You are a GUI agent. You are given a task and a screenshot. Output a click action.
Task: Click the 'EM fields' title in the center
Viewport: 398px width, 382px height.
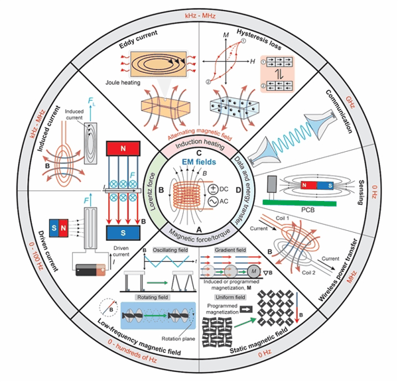point(199,162)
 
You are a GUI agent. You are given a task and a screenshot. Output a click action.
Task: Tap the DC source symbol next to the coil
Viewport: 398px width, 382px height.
point(213,189)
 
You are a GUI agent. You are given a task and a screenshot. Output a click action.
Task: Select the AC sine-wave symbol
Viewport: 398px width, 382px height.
point(213,202)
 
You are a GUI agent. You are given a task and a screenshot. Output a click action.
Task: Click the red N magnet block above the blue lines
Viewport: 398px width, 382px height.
point(123,149)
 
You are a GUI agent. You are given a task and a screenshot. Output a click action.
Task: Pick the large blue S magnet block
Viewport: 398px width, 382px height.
point(123,233)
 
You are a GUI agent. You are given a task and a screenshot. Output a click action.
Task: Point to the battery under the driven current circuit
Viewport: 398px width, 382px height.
point(91,270)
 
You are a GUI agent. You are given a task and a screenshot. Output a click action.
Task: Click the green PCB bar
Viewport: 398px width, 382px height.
point(300,203)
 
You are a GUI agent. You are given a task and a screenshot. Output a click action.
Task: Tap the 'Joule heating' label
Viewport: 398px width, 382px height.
point(123,82)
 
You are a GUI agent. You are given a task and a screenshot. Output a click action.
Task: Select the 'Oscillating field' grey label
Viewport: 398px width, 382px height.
point(170,250)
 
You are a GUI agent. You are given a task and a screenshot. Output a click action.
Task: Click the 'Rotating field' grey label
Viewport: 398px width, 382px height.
point(153,297)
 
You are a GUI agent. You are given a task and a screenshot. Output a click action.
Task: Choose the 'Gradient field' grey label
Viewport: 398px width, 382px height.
point(230,250)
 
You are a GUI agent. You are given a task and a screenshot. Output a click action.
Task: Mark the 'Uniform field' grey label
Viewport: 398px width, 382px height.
point(230,297)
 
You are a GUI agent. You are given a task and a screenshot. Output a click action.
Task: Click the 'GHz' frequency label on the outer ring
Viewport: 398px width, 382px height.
point(350,102)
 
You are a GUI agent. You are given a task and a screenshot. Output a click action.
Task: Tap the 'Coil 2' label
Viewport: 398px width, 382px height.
point(308,273)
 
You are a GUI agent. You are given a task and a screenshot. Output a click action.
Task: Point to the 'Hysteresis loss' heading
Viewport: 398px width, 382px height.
point(259,39)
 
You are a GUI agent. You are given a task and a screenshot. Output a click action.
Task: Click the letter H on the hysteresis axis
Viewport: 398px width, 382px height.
point(253,62)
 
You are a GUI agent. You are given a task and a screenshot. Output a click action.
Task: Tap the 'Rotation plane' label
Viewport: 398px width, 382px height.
point(178,339)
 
